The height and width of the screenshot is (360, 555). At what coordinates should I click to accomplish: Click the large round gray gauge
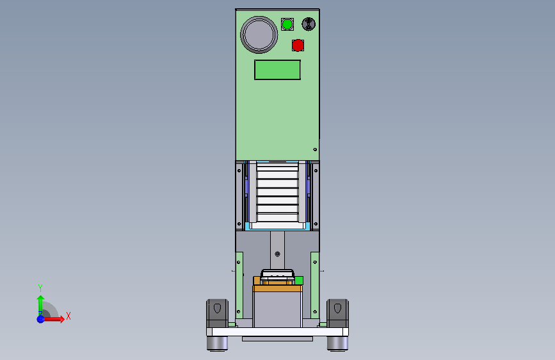(x=259, y=35)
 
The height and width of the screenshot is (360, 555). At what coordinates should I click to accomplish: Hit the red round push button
(x=298, y=45)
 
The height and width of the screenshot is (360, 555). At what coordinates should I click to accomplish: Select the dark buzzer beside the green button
(x=309, y=24)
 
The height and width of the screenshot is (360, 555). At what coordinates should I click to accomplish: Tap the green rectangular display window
(x=278, y=70)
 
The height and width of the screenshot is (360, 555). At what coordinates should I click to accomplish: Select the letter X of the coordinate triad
(x=68, y=315)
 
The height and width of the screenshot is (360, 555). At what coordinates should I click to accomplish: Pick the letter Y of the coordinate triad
(x=40, y=288)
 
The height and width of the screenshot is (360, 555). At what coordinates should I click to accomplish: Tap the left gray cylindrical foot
(x=218, y=343)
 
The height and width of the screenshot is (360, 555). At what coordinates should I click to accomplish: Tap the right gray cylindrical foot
(x=337, y=343)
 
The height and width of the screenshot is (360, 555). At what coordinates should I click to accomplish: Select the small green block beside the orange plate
(x=298, y=280)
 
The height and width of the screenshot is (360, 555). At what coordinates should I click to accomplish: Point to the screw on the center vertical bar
(x=277, y=254)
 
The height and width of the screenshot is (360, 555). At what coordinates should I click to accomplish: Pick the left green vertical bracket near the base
(x=239, y=285)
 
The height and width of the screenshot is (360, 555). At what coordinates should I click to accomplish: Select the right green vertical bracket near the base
(x=314, y=285)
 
